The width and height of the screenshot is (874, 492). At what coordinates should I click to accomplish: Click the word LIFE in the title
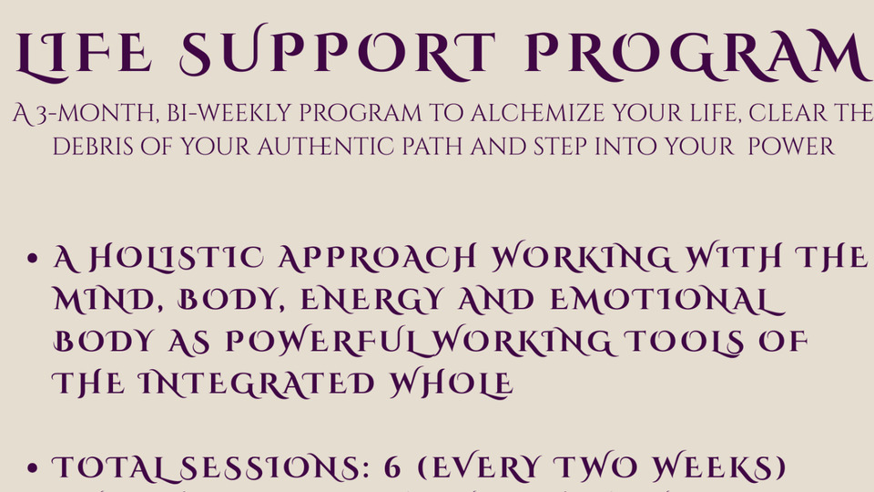[84, 55]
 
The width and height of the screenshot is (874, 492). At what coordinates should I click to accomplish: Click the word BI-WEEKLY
[229, 113]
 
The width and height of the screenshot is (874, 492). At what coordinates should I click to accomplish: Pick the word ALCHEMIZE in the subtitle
[537, 113]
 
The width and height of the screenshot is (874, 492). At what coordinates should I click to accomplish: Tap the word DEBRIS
[93, 147]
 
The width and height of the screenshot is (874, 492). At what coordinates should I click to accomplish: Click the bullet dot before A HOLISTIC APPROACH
[33, 258]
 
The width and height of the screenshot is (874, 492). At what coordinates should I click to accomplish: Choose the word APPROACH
[377, 258]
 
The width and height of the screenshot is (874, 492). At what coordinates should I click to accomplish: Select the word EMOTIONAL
[667, 300]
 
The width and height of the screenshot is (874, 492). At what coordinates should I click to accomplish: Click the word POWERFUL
[321, 342]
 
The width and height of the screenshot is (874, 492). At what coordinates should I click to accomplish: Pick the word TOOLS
[684, 342]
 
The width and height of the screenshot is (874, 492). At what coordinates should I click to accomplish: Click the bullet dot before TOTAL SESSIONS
[33, 468]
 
